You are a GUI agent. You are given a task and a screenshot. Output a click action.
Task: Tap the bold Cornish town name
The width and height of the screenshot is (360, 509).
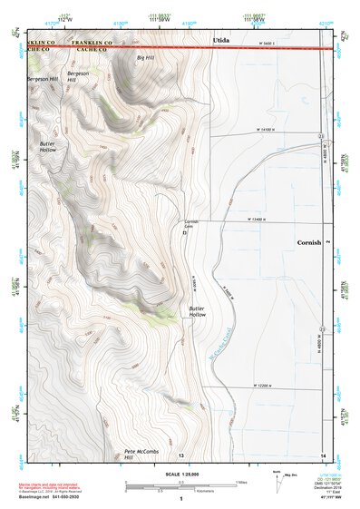(311, 243)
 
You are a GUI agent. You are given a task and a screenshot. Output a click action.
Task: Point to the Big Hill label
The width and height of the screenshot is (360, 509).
(145, 57)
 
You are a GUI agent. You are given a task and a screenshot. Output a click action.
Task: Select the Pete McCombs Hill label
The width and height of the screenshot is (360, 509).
(141, 453)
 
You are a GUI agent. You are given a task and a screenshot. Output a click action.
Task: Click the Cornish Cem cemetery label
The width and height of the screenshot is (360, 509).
(190, 223)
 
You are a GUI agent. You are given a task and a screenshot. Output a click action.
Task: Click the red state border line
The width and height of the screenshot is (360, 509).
(181, 47)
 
